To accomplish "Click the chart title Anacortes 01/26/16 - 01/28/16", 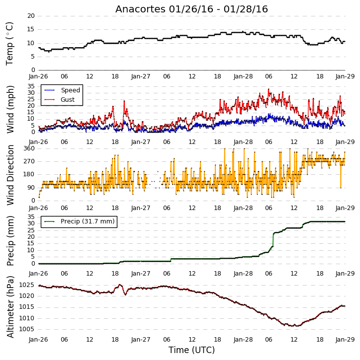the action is point(191,9).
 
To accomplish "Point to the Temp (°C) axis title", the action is point(9,44).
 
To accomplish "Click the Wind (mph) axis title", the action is point(10,109).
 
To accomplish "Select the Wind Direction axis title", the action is point(10,175).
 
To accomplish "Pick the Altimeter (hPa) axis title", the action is point(10,307).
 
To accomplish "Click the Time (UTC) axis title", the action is point(191,350).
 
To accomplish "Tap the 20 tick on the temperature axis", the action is point(31,16).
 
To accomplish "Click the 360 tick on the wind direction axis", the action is point(29,148).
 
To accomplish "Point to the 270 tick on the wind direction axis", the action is point(29,161).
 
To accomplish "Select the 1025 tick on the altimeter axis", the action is point(27,285).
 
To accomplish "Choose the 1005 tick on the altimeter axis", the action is point(27,329).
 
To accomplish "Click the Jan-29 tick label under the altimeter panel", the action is point(345,340).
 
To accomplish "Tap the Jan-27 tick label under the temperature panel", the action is point(141,76).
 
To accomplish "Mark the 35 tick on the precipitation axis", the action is point(31,217).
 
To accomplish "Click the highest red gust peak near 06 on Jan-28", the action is point(269,89).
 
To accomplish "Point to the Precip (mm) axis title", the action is point(10,241).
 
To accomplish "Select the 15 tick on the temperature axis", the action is point(31,29).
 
